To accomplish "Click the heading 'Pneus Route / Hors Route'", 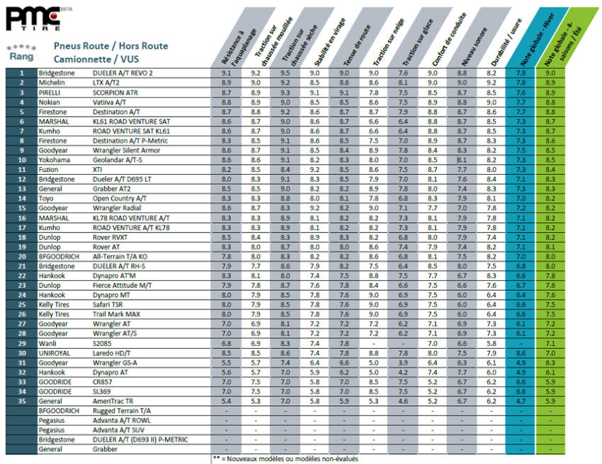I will [x=110, y=46].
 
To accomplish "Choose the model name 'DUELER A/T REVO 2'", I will [x=123, y=73].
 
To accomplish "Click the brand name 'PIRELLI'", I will [x=50, y=93].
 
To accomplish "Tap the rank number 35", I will [x=22, y=401].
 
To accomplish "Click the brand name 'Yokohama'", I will [x=55, y=161].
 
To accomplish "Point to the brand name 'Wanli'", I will [x=47, y=342].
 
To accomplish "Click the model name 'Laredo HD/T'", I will [x=113, y=352].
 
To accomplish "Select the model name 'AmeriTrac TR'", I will [x=115, y=401].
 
